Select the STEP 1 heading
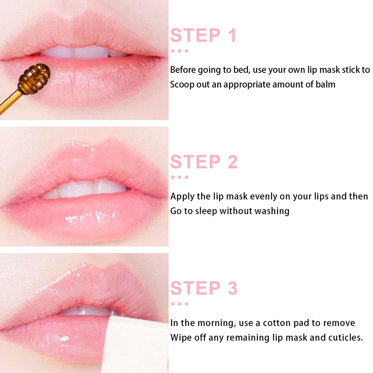[203, 35]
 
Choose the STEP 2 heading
[204, 162]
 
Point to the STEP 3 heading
[204, 288]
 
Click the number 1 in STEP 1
[232, 35]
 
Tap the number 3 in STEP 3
[232, 288]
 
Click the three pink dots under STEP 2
[180, 177]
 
